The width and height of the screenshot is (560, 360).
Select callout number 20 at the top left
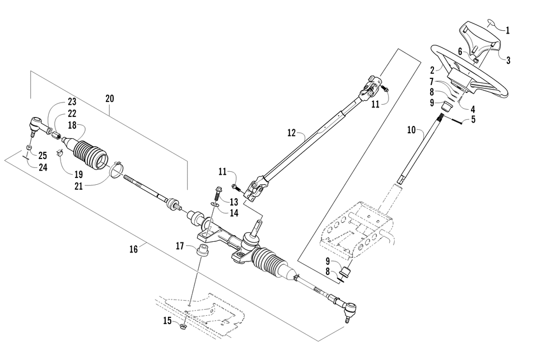pos(109,99)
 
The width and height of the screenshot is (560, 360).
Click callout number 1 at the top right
pos(508,31)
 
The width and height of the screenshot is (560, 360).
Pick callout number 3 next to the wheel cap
pos(508,60)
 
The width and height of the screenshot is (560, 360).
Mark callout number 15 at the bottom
pos(167,320)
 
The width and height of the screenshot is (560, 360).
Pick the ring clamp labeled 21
pos(116,169)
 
